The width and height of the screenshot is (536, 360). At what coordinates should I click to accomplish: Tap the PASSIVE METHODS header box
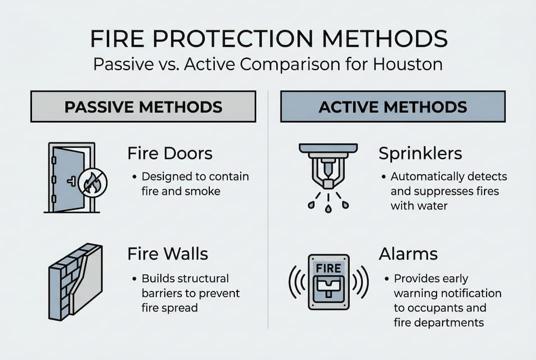pos(143,106)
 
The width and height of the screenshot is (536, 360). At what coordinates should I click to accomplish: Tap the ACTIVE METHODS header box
pos(393,106)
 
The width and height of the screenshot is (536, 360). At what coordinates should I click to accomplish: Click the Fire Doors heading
pos(170,153)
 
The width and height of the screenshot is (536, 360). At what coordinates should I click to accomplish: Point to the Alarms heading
pos(408,254)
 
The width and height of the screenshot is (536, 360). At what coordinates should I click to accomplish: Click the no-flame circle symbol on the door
pos(92,183)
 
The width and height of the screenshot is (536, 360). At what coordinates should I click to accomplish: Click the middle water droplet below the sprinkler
pos(328,208)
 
